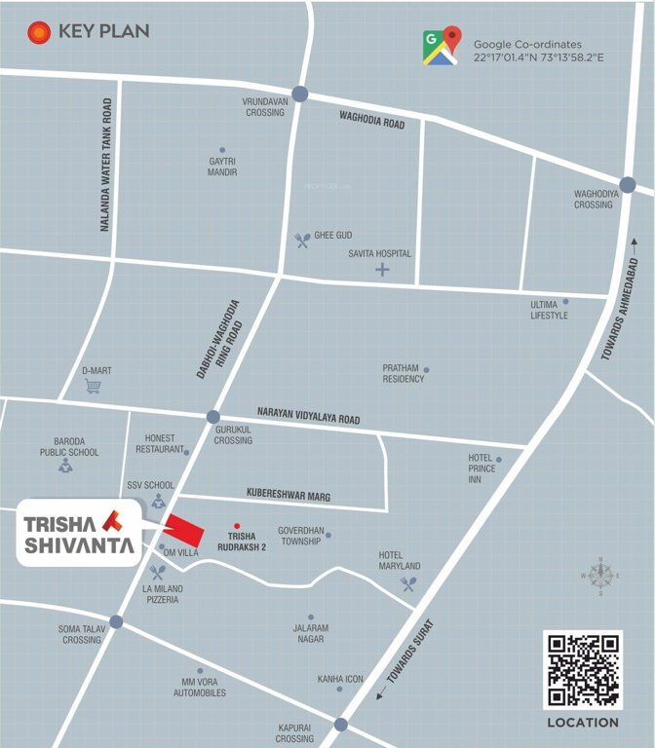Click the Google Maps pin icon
tap(442, 46)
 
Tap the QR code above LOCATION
tap(582, 670)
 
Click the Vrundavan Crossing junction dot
tap(299, 94)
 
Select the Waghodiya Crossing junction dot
tap(627, 184)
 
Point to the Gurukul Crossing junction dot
tap(213, 417)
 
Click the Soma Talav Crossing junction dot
tap(116, 621)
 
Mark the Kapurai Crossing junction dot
tap(340, 724)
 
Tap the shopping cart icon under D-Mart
tap(94, 387)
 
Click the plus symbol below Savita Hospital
tap(382, 269)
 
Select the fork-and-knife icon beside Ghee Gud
tap(302, 239)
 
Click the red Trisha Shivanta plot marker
tap(184, 529)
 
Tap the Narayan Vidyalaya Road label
tap(308, 414)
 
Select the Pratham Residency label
tap(403, 374)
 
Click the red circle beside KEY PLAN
tap(39, 32)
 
